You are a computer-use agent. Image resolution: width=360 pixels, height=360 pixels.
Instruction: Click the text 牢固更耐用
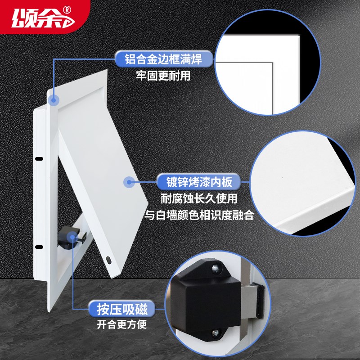point(163,76)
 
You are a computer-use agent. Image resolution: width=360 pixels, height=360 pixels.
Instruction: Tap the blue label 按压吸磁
point(121,309)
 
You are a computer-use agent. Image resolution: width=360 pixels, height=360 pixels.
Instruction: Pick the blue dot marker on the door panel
point(129,182)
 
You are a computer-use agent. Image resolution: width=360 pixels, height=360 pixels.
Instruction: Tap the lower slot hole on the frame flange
point(38,246)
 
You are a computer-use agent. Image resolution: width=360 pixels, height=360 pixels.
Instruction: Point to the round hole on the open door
point(109,260)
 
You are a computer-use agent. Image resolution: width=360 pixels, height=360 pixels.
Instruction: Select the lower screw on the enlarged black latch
point(215,333)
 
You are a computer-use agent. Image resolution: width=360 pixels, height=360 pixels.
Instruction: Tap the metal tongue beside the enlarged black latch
point(254,299)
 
